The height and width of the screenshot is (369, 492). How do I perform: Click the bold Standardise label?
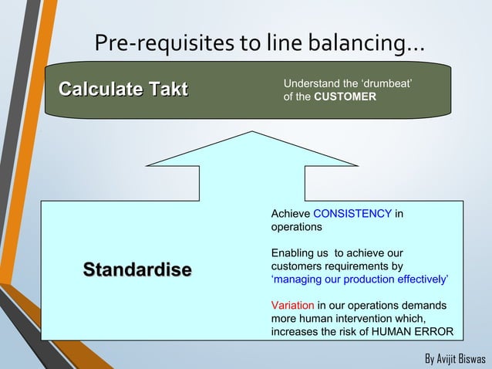click(x=137, y=269)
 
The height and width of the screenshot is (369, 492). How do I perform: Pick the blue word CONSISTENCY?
click(x=353, y=213)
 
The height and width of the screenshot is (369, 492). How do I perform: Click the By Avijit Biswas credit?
click(x=454, y=359)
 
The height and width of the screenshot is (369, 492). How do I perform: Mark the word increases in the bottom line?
click(x=295, y=333)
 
